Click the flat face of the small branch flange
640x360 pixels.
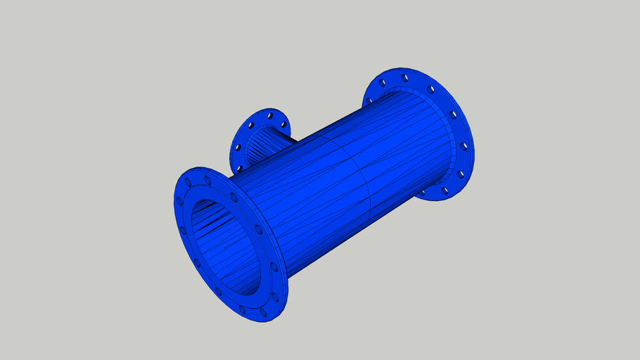[x=246, y=137]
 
